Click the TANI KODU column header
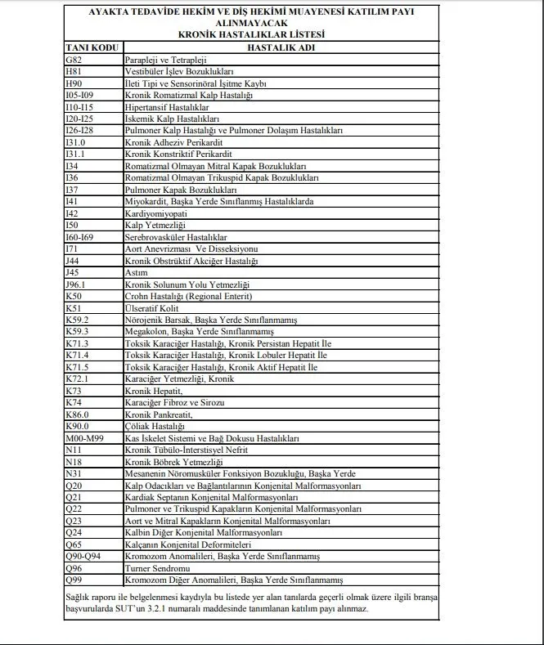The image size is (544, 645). pos(91,48)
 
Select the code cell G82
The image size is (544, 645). pos(73,60)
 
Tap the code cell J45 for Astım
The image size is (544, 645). pos(73,272)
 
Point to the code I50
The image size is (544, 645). pos(72,225)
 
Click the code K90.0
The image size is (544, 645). pos(76,426)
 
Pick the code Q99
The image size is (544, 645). pos(74,580)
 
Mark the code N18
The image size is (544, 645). pos(73,461)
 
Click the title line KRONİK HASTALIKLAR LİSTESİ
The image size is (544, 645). pos(251,35)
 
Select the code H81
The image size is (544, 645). pos(73,72)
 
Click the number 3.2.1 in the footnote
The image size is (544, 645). pos(288,609)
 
